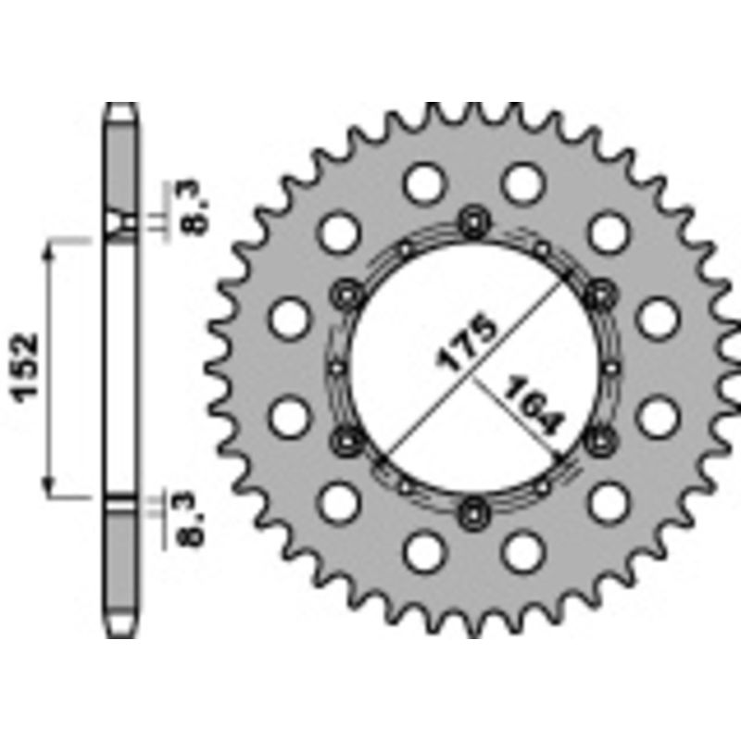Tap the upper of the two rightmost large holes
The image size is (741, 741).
point(659,318)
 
